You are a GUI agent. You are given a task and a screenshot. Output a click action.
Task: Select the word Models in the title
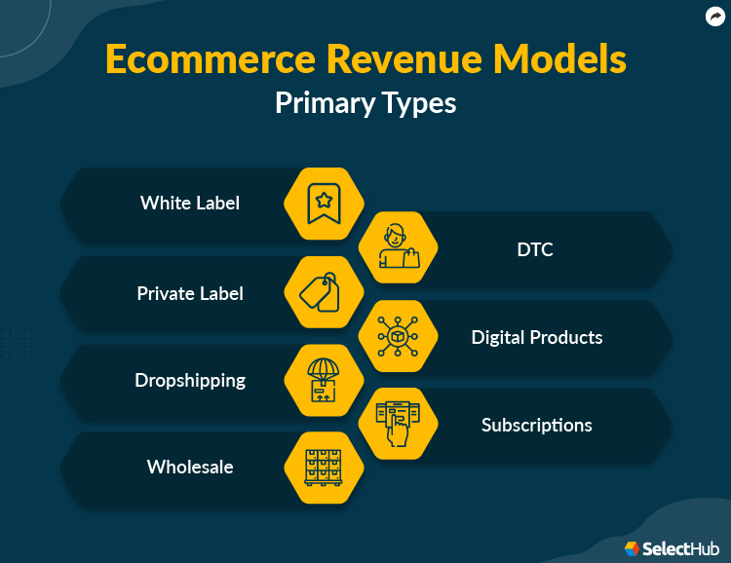[x=570, y=59]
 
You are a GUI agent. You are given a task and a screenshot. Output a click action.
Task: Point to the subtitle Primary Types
[x=365, y=102]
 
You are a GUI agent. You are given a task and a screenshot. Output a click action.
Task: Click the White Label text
[x=190, y=203]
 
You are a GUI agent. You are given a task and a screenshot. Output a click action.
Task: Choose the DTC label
[x=535, y=249]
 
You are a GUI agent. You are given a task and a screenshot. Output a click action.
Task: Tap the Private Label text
[x=190, y=293]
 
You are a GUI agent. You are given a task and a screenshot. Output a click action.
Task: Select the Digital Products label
[x=537, y=337]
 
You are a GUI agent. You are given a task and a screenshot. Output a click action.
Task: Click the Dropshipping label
[x=190, y=380]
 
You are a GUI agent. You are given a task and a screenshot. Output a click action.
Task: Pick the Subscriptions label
[x=537, y=425]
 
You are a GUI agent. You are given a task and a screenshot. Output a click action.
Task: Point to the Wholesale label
[x=190, y=467]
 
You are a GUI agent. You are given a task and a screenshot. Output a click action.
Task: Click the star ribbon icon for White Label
[x=323, y=204]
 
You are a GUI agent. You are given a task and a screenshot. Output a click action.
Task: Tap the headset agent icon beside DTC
[x=398, y=247]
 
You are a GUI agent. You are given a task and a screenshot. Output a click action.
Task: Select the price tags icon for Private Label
[x=323, y=291]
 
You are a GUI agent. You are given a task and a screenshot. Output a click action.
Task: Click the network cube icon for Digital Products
[x=398, y=336]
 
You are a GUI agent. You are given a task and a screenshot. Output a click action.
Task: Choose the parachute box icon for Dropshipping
[x=323, y=380]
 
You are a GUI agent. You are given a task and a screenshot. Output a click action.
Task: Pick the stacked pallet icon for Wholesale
[x=323, y=468]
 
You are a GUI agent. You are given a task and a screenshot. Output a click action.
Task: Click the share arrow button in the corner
[x=713, y=16]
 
